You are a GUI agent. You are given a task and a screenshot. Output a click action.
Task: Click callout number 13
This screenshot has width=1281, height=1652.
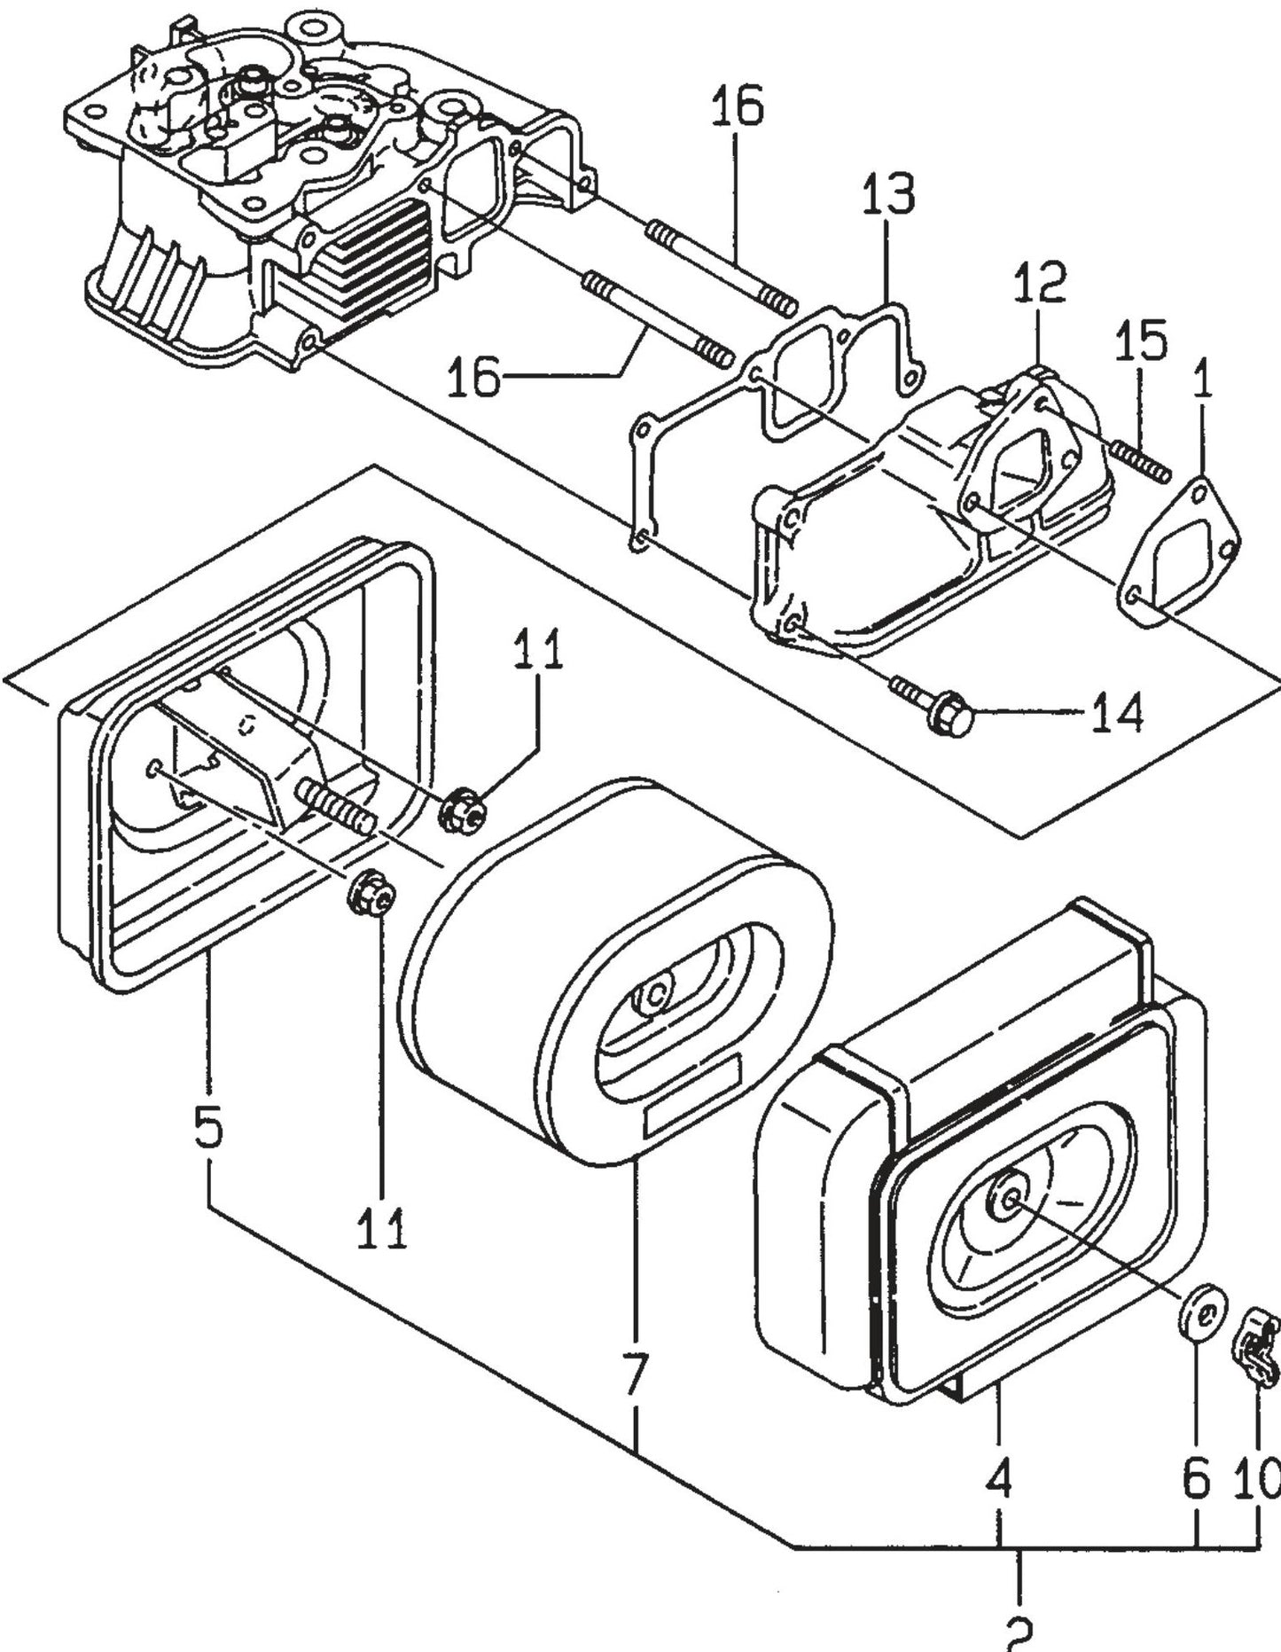889,193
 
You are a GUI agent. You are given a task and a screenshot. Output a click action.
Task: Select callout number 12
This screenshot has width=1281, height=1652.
1039,282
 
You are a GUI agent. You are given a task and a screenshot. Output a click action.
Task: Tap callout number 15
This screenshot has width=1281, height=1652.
1140,341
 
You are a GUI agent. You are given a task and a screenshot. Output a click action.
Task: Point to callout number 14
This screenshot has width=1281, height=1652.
1116,712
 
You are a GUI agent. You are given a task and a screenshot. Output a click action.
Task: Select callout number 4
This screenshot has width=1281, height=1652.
998,1478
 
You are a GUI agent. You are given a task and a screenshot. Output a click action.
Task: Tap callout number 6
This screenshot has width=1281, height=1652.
1196,1478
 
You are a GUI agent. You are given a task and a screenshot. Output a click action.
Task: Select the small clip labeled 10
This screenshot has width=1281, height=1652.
1256,1350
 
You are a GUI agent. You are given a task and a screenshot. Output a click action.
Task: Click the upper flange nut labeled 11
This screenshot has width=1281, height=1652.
462,810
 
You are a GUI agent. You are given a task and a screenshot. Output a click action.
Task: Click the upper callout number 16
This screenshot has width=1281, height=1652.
737,106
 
